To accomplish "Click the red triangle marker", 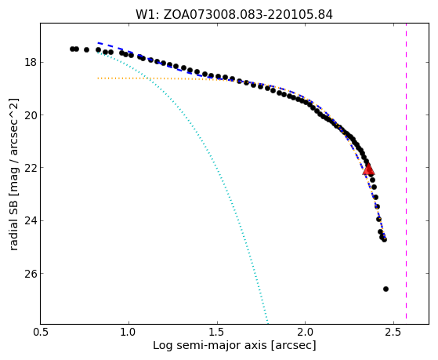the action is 368,169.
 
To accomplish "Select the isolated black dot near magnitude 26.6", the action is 386,289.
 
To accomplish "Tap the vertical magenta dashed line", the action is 406,171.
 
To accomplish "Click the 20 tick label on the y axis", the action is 31,115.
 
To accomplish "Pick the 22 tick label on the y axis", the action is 31,168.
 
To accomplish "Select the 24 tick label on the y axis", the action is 31,220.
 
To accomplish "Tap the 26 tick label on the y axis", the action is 31,273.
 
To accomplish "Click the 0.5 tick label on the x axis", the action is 41,333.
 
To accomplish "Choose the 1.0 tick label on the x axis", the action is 129,333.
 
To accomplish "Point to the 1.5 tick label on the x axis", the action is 217,333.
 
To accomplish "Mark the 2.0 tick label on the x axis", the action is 306,333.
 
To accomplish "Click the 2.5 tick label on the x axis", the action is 393,333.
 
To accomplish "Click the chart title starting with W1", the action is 234,15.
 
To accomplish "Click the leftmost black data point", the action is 72,49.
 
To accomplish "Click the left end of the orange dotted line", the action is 98,78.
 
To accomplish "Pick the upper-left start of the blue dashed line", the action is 98,43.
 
